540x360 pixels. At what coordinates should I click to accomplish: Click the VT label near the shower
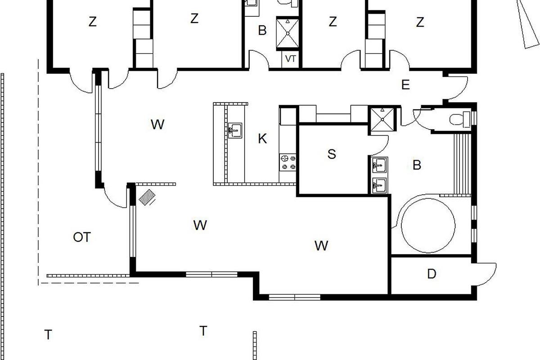click(x=290, y=59)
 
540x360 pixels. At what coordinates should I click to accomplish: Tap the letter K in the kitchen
click(x=262, y=139)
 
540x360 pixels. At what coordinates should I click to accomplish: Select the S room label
click(x=332, y=154)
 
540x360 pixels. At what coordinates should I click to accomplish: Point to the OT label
click(x=82, y=237)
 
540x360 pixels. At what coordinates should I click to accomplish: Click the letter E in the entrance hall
click(x=405, y=85)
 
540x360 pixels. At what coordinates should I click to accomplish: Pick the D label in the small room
click(x=432, y=274)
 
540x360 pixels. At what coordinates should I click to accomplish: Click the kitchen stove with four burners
click(x=288, y=162)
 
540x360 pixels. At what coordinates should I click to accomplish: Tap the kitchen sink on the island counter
click(x=235, y=130)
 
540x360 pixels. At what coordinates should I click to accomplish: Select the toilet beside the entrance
click(x=460, y=119)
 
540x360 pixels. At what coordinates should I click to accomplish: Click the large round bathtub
click(x=428, y=226)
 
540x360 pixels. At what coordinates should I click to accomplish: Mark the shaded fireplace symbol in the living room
click(x=147, y=197)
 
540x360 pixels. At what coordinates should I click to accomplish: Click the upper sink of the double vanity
click(x=380, y=165)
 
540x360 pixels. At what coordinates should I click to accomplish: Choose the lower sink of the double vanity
click(x=380, y=185)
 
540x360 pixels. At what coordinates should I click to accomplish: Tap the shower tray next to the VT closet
click(x=288, y=33)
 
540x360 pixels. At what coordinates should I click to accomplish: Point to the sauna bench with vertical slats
click(x=463, y=164)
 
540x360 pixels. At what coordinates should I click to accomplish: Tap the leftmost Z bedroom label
click(x=93, y=22)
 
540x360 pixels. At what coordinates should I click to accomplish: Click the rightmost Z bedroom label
click(x=420, y=22)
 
